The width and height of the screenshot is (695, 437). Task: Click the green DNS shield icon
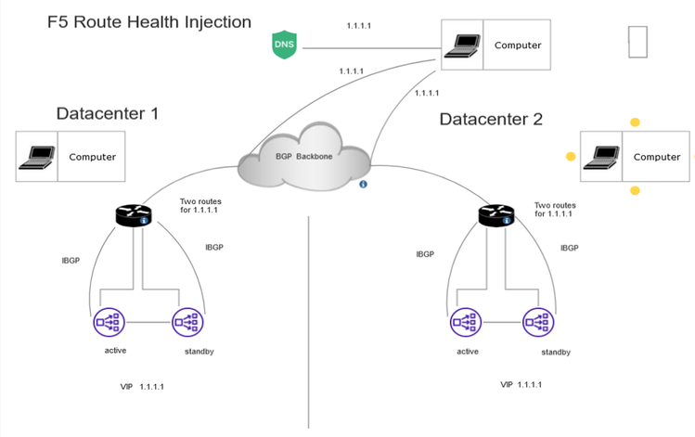(x=284, y=45)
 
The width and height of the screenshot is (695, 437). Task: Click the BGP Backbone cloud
(x=303, y=159)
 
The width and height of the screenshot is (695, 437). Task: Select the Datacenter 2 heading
(x=491, y=119)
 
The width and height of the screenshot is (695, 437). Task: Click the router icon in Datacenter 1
(x=134, y=215)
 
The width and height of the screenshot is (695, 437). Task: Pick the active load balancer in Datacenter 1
(x=109, y=322)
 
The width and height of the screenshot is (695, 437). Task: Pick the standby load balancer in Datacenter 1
(x=187, y=322)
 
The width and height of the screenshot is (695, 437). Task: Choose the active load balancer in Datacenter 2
(x=465, y=322)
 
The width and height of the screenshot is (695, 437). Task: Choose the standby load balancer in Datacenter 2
(x=537, y=322)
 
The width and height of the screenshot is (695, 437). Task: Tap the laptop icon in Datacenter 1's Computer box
(x=36, y=156)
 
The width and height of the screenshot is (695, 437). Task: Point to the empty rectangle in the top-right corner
(x=637, y=42)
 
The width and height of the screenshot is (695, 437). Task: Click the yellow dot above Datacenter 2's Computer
(x=635, y=122)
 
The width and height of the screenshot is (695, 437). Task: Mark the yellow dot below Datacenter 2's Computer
(x=635, y=190)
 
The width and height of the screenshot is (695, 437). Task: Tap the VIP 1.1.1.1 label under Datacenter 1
(x=142, y=386)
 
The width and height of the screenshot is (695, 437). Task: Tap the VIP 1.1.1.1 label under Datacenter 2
(x=521, y=383)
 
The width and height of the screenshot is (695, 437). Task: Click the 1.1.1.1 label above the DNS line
(x=358, y=26)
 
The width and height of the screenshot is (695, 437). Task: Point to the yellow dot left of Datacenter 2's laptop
(x=571, y=157)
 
